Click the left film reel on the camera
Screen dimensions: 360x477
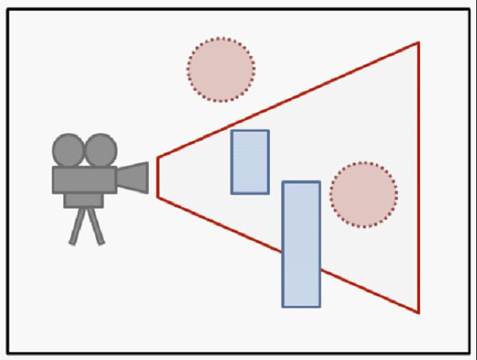[68, 150]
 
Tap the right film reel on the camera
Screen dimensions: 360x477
[100, 150]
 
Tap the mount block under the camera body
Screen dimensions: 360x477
[84, 200]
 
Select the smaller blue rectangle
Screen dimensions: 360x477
[250, 162]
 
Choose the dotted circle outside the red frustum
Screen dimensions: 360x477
[221, 70]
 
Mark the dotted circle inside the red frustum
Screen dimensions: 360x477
[363, 195]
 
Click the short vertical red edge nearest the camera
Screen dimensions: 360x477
[157, 176]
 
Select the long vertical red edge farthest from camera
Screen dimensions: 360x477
[419, 178]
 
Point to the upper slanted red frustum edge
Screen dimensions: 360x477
[285, 100]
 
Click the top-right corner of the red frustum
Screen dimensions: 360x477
[419, 43]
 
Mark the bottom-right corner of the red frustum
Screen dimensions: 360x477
[419, 312]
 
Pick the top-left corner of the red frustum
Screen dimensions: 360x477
[157, 157]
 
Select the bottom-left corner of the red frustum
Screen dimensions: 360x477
[157, 197]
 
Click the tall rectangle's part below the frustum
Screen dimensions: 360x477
[301, 288]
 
